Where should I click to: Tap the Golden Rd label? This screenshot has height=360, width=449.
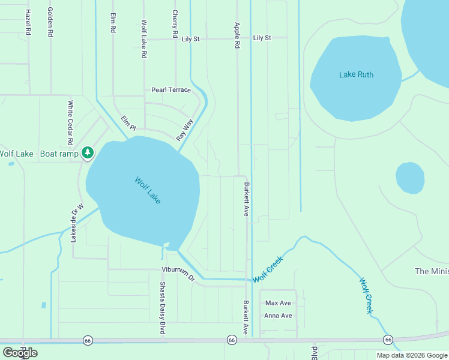[50, 23]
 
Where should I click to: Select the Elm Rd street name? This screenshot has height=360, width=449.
[112, 23]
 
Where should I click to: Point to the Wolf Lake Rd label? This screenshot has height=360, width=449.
[144, 38]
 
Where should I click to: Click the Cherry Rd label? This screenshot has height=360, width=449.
[175, 23]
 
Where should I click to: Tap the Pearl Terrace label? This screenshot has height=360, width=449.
[171, 90]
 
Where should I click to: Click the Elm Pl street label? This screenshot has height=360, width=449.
[129, 124]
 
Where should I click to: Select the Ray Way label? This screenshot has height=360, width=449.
[185, 130]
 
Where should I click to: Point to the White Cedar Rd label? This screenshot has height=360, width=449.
[70, 122]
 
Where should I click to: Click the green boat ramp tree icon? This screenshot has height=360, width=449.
[88, 153]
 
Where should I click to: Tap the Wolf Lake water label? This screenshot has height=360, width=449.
[148, 190]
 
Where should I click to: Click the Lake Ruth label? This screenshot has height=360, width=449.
[357, 75]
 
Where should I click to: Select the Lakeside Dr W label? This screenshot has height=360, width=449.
[74, 223]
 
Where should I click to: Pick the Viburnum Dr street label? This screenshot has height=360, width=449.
[178, 274]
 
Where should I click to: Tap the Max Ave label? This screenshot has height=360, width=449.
[278, 303]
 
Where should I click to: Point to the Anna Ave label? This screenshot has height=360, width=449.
[279, 316]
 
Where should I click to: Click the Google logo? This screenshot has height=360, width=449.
[20, 353]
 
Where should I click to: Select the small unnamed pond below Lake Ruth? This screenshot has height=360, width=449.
[410, 178]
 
